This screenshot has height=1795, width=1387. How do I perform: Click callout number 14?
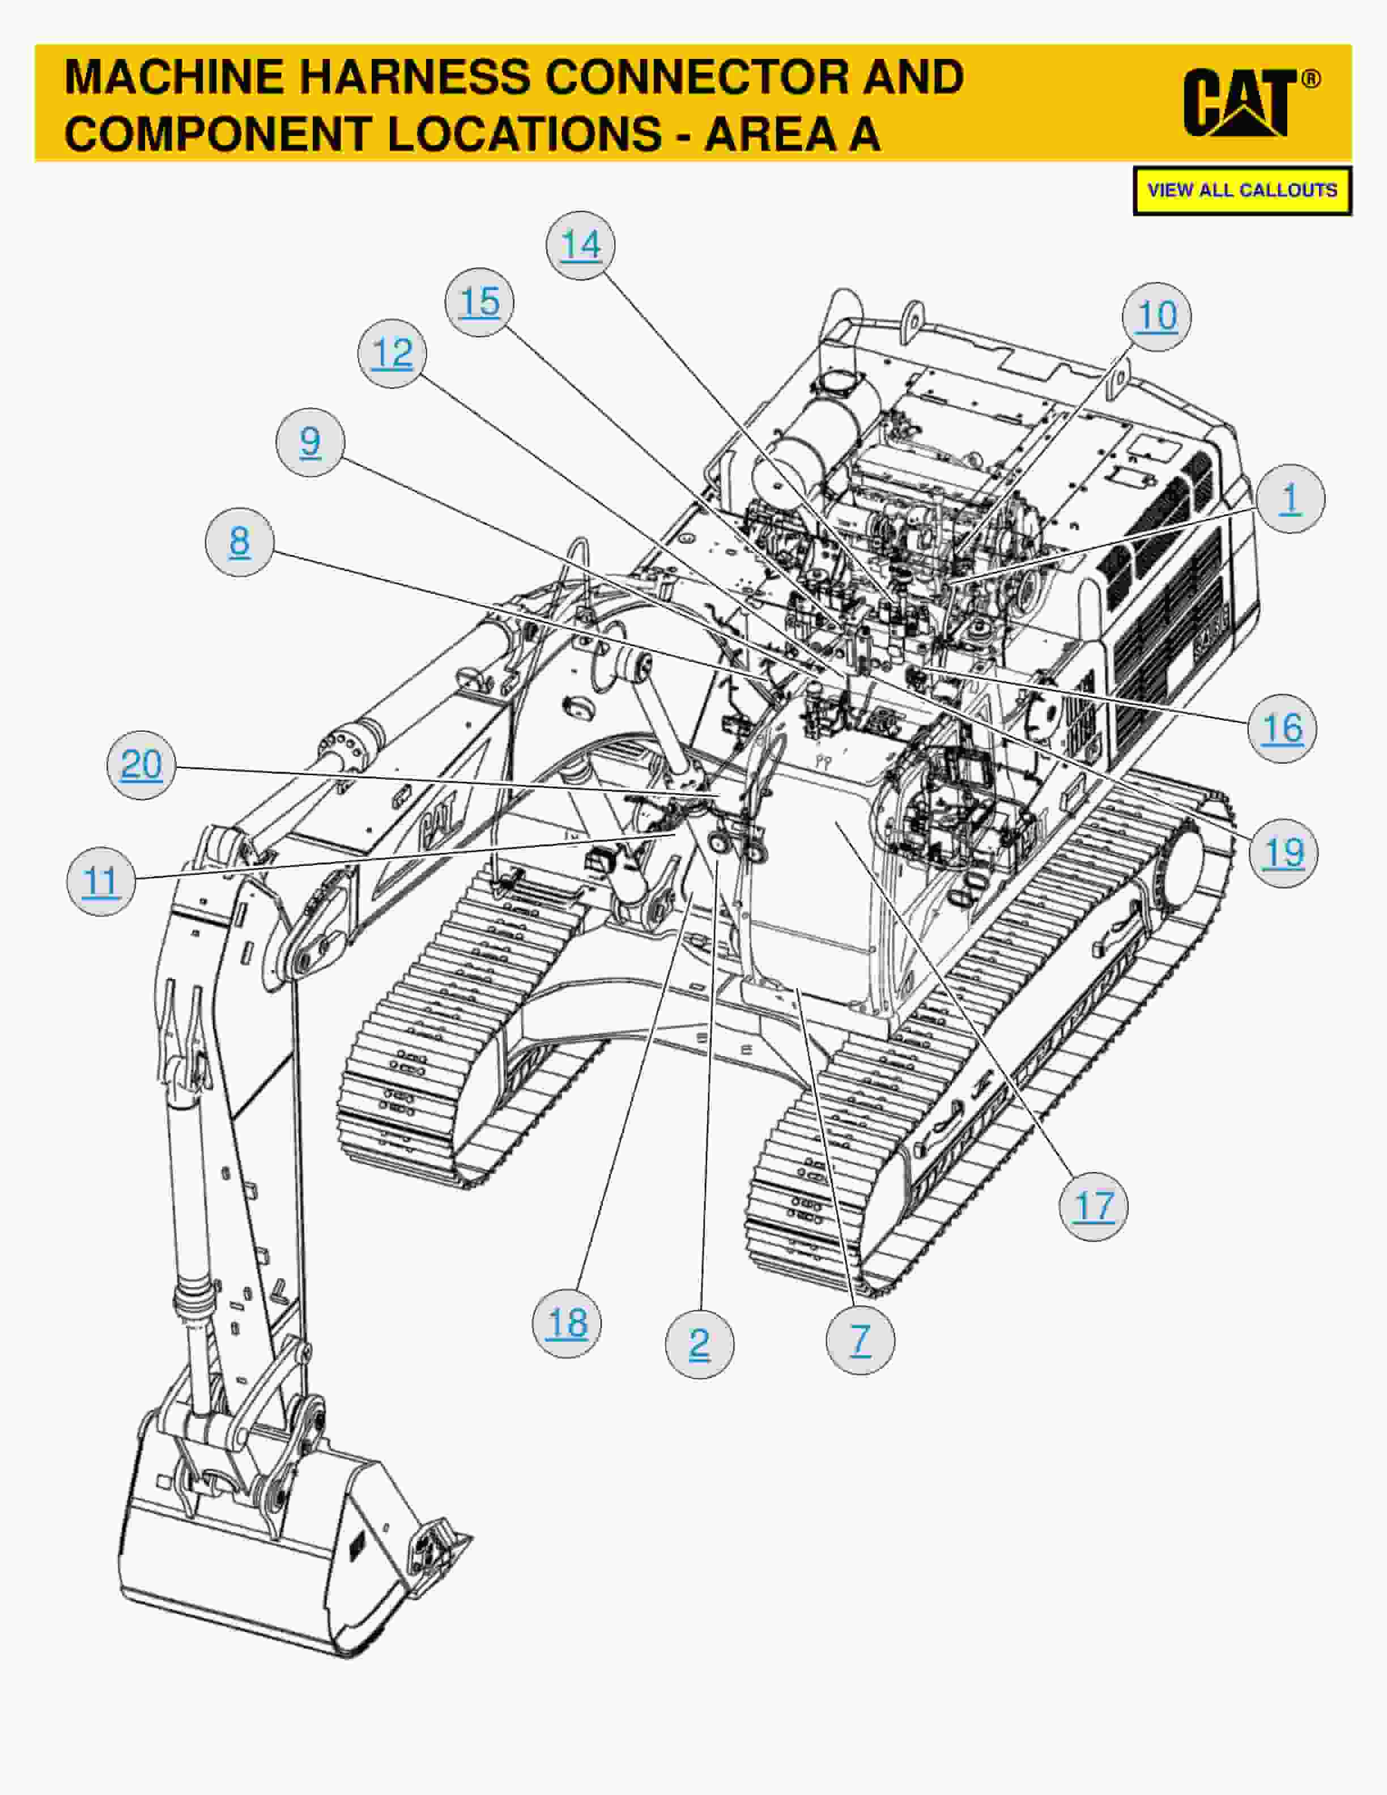click(581, 245)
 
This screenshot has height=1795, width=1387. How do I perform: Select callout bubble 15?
click(480, 301)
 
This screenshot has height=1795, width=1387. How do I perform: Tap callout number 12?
click(392, 354)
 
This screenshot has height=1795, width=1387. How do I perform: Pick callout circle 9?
click(310, 442)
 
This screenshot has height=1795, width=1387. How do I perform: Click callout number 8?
click(239, 542)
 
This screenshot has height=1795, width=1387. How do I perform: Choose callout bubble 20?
click(141, 765)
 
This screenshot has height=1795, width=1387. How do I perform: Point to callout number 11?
click(101, 882)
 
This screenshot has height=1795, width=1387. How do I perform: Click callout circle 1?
click(1290, 498)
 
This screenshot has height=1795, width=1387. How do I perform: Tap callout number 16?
click(1282, 728)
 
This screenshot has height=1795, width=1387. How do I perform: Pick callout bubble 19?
click(1283, 853)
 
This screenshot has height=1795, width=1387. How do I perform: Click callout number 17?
click(1094, 1206)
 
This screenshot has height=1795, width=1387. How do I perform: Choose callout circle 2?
click(699, 1344)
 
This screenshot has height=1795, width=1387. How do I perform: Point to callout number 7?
click(860, 1341)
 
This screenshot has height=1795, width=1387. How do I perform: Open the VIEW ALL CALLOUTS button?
click(1241, 191)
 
